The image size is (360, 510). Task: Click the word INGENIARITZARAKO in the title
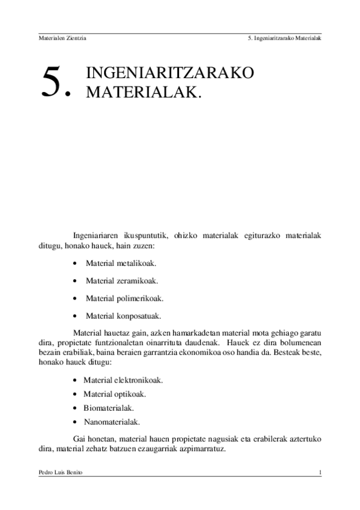tap(170, 73)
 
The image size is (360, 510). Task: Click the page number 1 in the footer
tap(320, 473)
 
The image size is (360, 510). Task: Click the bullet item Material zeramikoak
tap(123, 280)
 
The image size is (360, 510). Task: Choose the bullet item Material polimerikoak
tap(124, 298)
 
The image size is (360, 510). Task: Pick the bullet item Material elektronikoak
tap(124, 381)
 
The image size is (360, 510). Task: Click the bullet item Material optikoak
tap(115, 395)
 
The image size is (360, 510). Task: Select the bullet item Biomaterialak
tap(108, 408)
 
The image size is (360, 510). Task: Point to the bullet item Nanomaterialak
tap(112, 422)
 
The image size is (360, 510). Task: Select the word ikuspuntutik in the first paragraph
tap(150, 235)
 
